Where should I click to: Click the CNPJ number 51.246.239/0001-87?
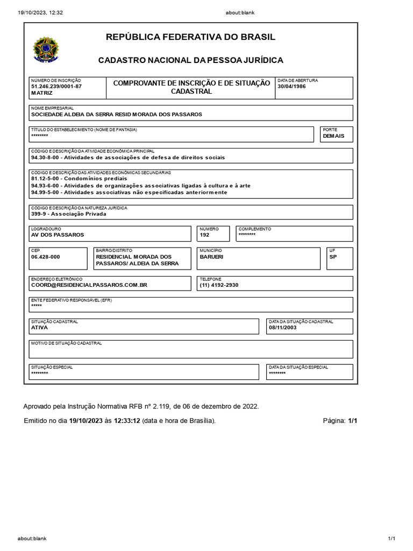(56, 87)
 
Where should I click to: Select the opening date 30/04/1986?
(291, 87)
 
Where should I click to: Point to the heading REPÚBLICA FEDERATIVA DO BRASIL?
(191, 37)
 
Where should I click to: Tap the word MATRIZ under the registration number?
(42, 93)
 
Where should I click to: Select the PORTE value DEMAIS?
(333, 136)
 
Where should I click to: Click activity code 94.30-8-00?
(46, 158)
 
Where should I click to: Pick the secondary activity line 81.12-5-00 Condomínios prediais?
(79, 178)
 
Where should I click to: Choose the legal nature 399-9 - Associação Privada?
(69, 214)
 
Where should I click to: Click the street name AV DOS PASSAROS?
(58, 235)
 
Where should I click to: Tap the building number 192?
(204, 235)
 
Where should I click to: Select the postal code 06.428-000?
(46, 257)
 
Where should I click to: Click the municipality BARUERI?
(211, 257)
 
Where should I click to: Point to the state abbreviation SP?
(332, 257)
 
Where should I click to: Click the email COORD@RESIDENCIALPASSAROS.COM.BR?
(89, 285)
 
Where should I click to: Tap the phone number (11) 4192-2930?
(219, 285)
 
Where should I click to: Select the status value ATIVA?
(40, 327)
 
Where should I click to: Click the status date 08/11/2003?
(282, 327)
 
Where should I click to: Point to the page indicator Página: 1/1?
(340, 421)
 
